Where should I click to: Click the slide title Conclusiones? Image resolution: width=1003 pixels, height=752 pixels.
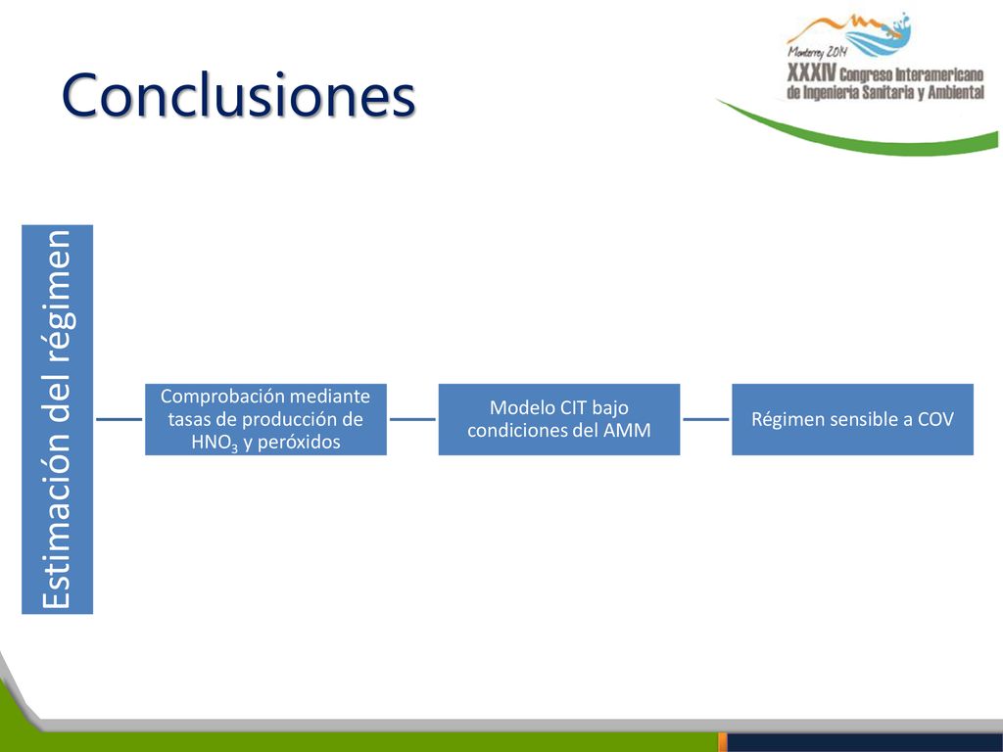coord(239,95)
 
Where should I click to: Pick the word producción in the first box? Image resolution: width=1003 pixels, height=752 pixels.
coord(284,420)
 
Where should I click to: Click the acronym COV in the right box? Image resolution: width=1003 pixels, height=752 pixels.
coord(935,419)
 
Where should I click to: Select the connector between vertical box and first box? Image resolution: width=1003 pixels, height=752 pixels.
coord(119,419)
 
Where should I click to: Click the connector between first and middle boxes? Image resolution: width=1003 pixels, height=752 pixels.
coord(412,419)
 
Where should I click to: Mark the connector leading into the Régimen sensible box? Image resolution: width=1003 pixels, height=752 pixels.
coord(705,419)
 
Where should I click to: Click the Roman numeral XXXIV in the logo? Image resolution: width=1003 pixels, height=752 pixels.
coord(812,72)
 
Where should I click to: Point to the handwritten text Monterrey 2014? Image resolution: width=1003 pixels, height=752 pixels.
coord(818,52)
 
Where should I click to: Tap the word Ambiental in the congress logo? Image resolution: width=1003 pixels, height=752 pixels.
coord(956,93)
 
